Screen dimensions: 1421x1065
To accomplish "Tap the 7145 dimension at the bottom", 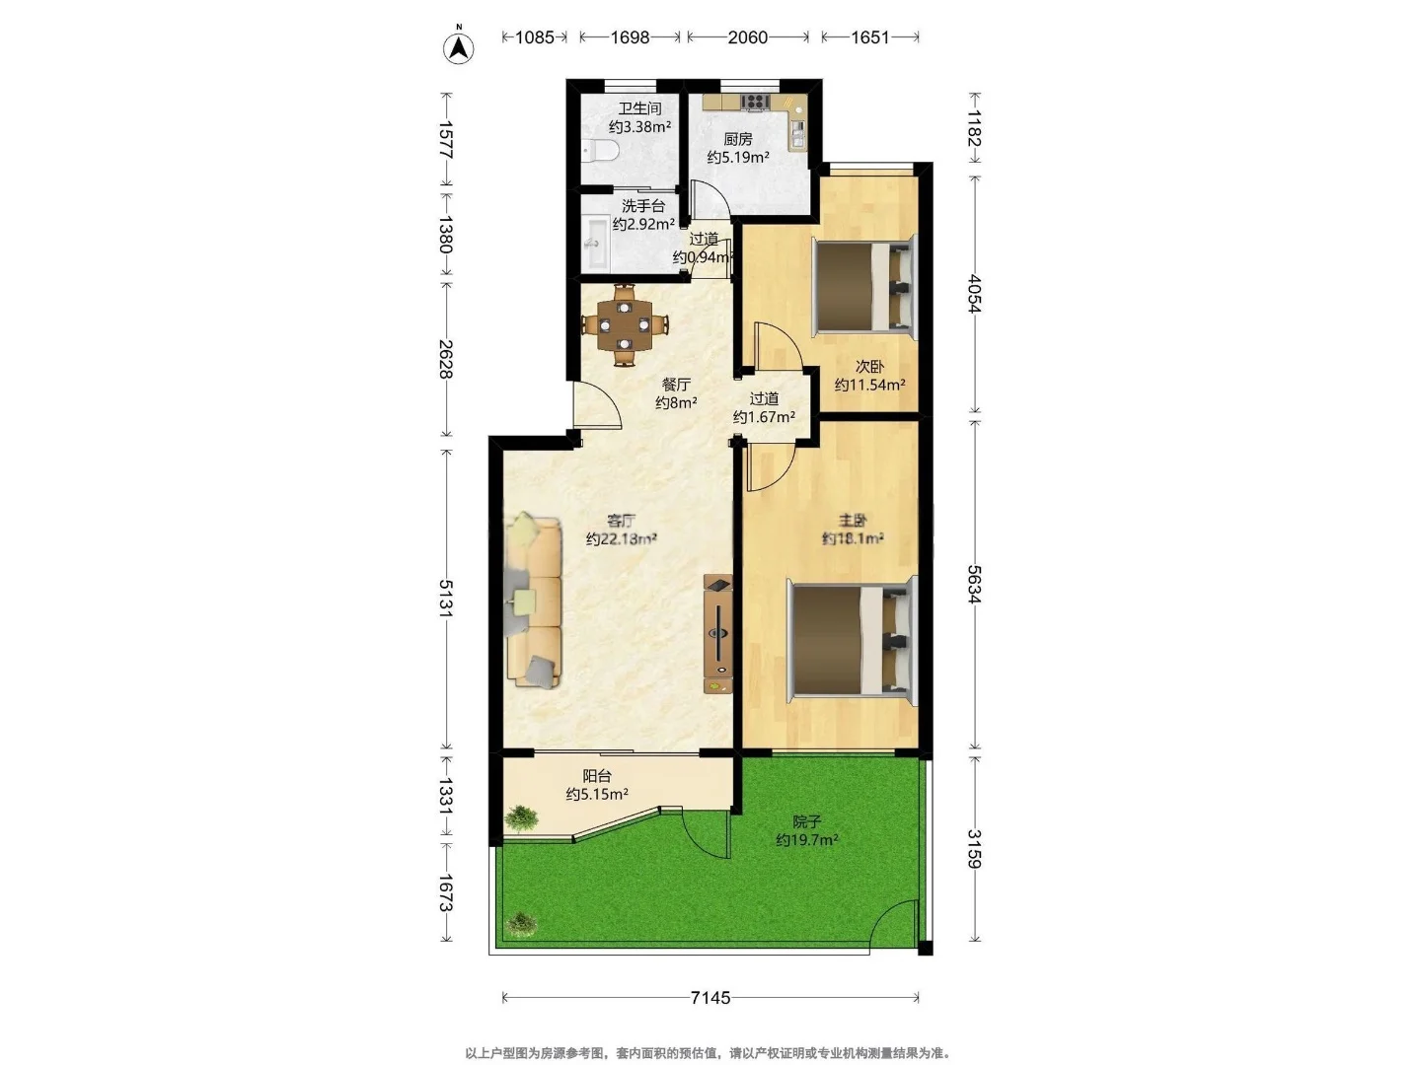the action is pyautogui.click(x=710, y=998).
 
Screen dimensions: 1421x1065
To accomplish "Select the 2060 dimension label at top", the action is pyautogui.click(x=748, y=37).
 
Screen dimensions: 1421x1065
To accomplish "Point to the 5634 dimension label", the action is pyautogui.click(x=974, y=585).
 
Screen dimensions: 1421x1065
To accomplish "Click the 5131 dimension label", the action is pyautogui.click(x=446, y=599).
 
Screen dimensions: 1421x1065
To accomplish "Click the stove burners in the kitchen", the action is pyautogui.click(x=755, y=101).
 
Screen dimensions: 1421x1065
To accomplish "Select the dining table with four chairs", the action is pyautogui.click(x=624, y=324).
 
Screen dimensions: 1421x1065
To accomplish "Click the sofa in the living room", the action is pyautogui.click(x=533, y=601).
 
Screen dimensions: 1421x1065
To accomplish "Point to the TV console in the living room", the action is pyautogui.click(x=718, y=634).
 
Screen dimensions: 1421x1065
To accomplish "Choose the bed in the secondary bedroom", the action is pyautogui.click(x=864, y=286).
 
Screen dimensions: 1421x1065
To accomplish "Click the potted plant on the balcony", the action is pyautogui.click(x=520, y=818).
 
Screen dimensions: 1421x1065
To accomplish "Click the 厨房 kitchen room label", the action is pyautogui.click(x=738, y=139).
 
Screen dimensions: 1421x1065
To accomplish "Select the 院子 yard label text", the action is pyautogui.click(x=807, y=821).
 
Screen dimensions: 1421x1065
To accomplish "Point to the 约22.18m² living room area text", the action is pyautogui.click(x=622, y=538).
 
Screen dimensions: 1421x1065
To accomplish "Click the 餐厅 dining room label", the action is pyautogui.click(x=676, y=385).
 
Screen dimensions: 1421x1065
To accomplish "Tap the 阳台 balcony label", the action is pyautogui.click(x=596, y=776).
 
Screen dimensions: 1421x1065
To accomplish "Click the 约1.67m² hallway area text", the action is pyautogui.click(x=764, y=417).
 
